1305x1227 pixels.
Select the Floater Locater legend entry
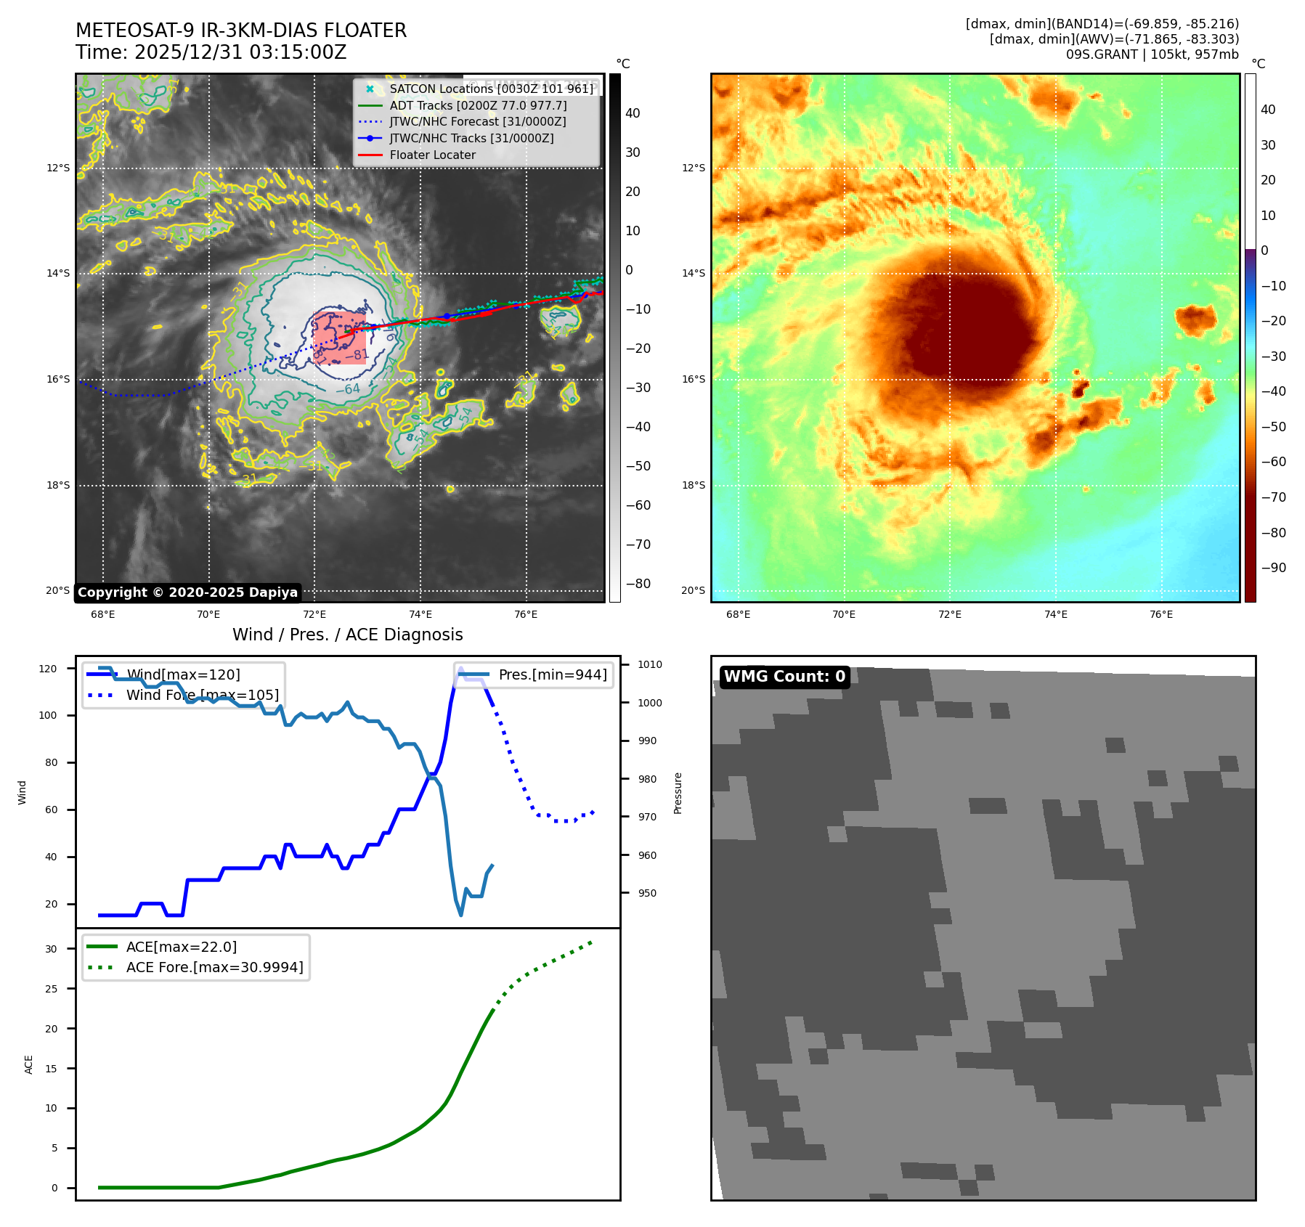(432, 155)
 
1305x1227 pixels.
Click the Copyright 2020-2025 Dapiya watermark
(187, 592)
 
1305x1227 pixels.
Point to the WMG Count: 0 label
(784, 677)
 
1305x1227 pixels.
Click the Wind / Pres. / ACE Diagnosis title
(347, 635)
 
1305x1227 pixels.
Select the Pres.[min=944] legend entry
(552, 674)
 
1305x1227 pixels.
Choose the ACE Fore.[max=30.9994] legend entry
(214, 967)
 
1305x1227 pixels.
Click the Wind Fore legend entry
(202, 695)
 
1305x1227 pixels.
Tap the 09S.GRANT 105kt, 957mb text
(1152, 54)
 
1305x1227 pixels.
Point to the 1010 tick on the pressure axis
(650, 664)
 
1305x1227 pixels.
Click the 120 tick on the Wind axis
(48, 669)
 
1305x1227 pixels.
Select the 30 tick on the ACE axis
(51, 949)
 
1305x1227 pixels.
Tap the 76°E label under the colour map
(1160, 614)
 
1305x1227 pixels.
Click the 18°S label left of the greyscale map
(58, 485)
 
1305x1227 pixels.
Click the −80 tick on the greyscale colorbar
(638, 584)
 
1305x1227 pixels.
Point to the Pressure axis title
(678, 793)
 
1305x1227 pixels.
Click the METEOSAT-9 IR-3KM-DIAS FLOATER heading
(241, 30)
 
